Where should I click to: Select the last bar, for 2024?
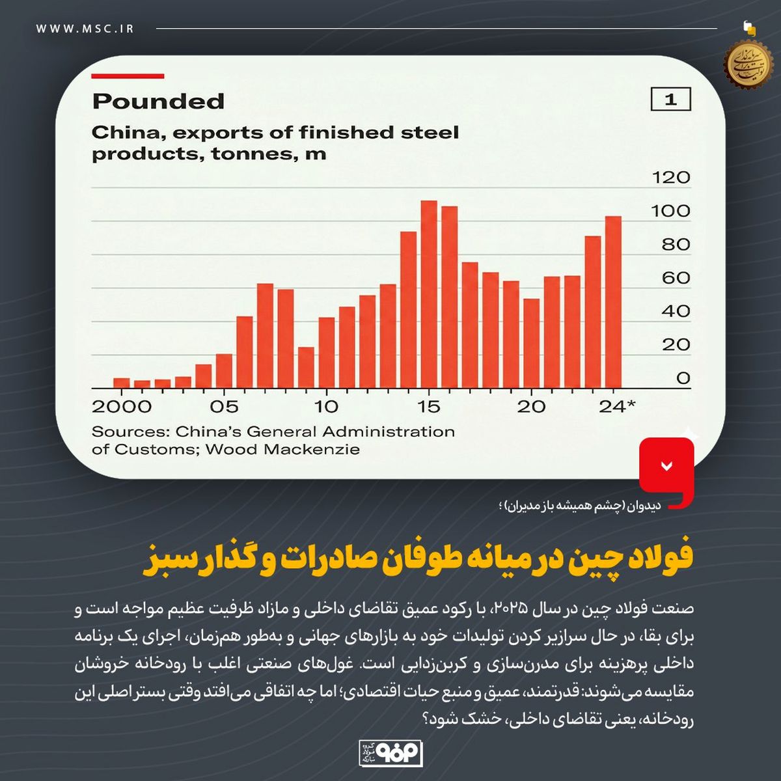(x=613, y=302)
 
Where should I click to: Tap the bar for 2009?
(x=306, y=368)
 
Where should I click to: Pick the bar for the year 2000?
(x=122, y=383)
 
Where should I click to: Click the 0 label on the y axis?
(x=682, y=378)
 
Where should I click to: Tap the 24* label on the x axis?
(x=616, y=407)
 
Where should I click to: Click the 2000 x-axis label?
(x=122, y=407)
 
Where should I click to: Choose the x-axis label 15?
(x=429, y=407)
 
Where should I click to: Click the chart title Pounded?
(x=158, y=102)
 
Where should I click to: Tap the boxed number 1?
(x=670, y=100)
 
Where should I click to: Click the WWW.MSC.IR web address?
(x=85, y=29)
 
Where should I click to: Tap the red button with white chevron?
(x=666, y=465)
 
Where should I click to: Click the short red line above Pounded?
(x=128, y=76)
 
